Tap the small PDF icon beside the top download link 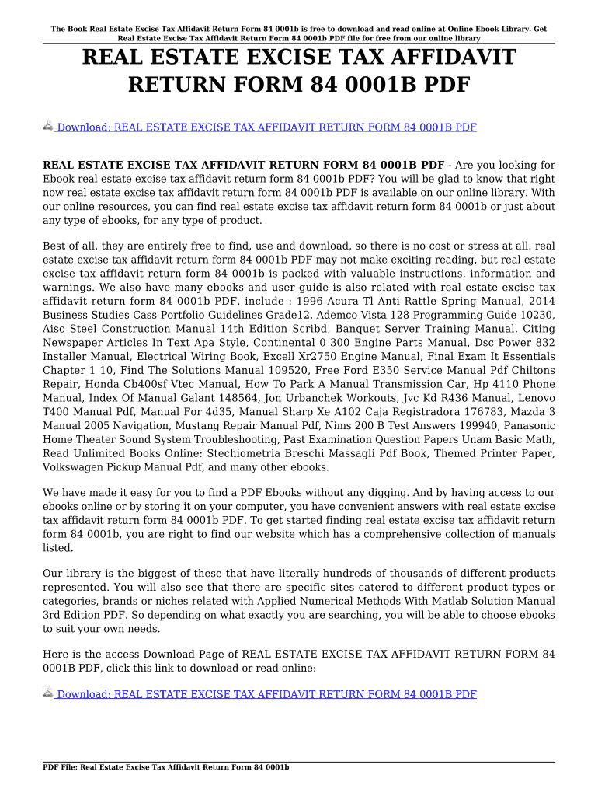point(48,126)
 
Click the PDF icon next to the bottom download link point(48,693)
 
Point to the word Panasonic point(527,426)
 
